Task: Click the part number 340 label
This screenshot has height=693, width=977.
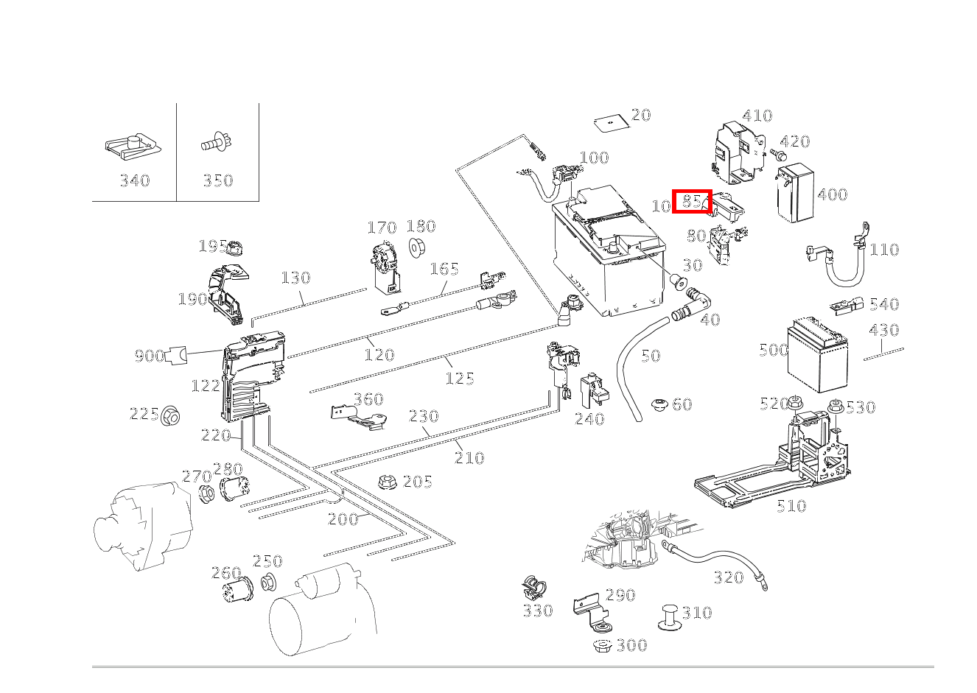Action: (x=135, y=180)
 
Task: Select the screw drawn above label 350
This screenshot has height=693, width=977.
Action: (x=217, y=144)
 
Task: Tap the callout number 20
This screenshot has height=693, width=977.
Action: (x=641, y=115)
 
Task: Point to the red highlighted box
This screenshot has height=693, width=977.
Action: (x=692, y=201)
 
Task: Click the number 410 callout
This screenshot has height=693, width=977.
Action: (x=757, y=116)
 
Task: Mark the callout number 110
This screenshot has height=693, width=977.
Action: (x=884, y=250)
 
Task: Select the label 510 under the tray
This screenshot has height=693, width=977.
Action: (x=791, y=506)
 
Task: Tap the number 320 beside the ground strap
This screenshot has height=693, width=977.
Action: (x=728, y=577)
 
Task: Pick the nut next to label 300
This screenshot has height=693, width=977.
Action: (x=602, y=646)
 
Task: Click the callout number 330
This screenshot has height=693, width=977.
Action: (x=537, y=611)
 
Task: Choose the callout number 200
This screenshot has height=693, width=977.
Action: (x=343, y=519)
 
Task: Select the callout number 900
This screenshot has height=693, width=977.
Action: (x=149, y=356)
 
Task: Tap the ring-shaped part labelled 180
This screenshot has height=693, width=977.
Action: (x=416, y=247)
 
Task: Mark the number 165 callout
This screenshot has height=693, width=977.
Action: (x=444, y=269)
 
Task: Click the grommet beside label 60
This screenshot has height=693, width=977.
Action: (x=660, y=404)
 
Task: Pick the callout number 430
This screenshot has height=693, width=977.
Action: (x=883, y=330)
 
